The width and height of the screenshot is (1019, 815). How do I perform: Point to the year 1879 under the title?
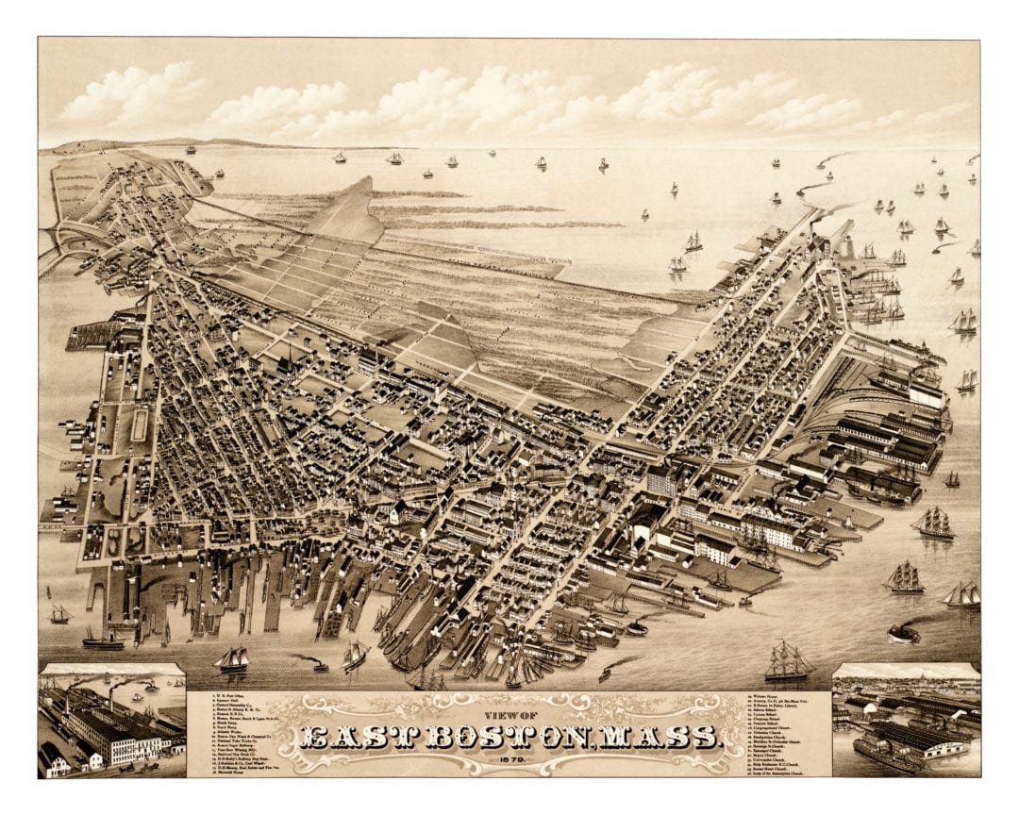coord(509,761)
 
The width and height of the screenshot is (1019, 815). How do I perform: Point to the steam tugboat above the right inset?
coord(903,633)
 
